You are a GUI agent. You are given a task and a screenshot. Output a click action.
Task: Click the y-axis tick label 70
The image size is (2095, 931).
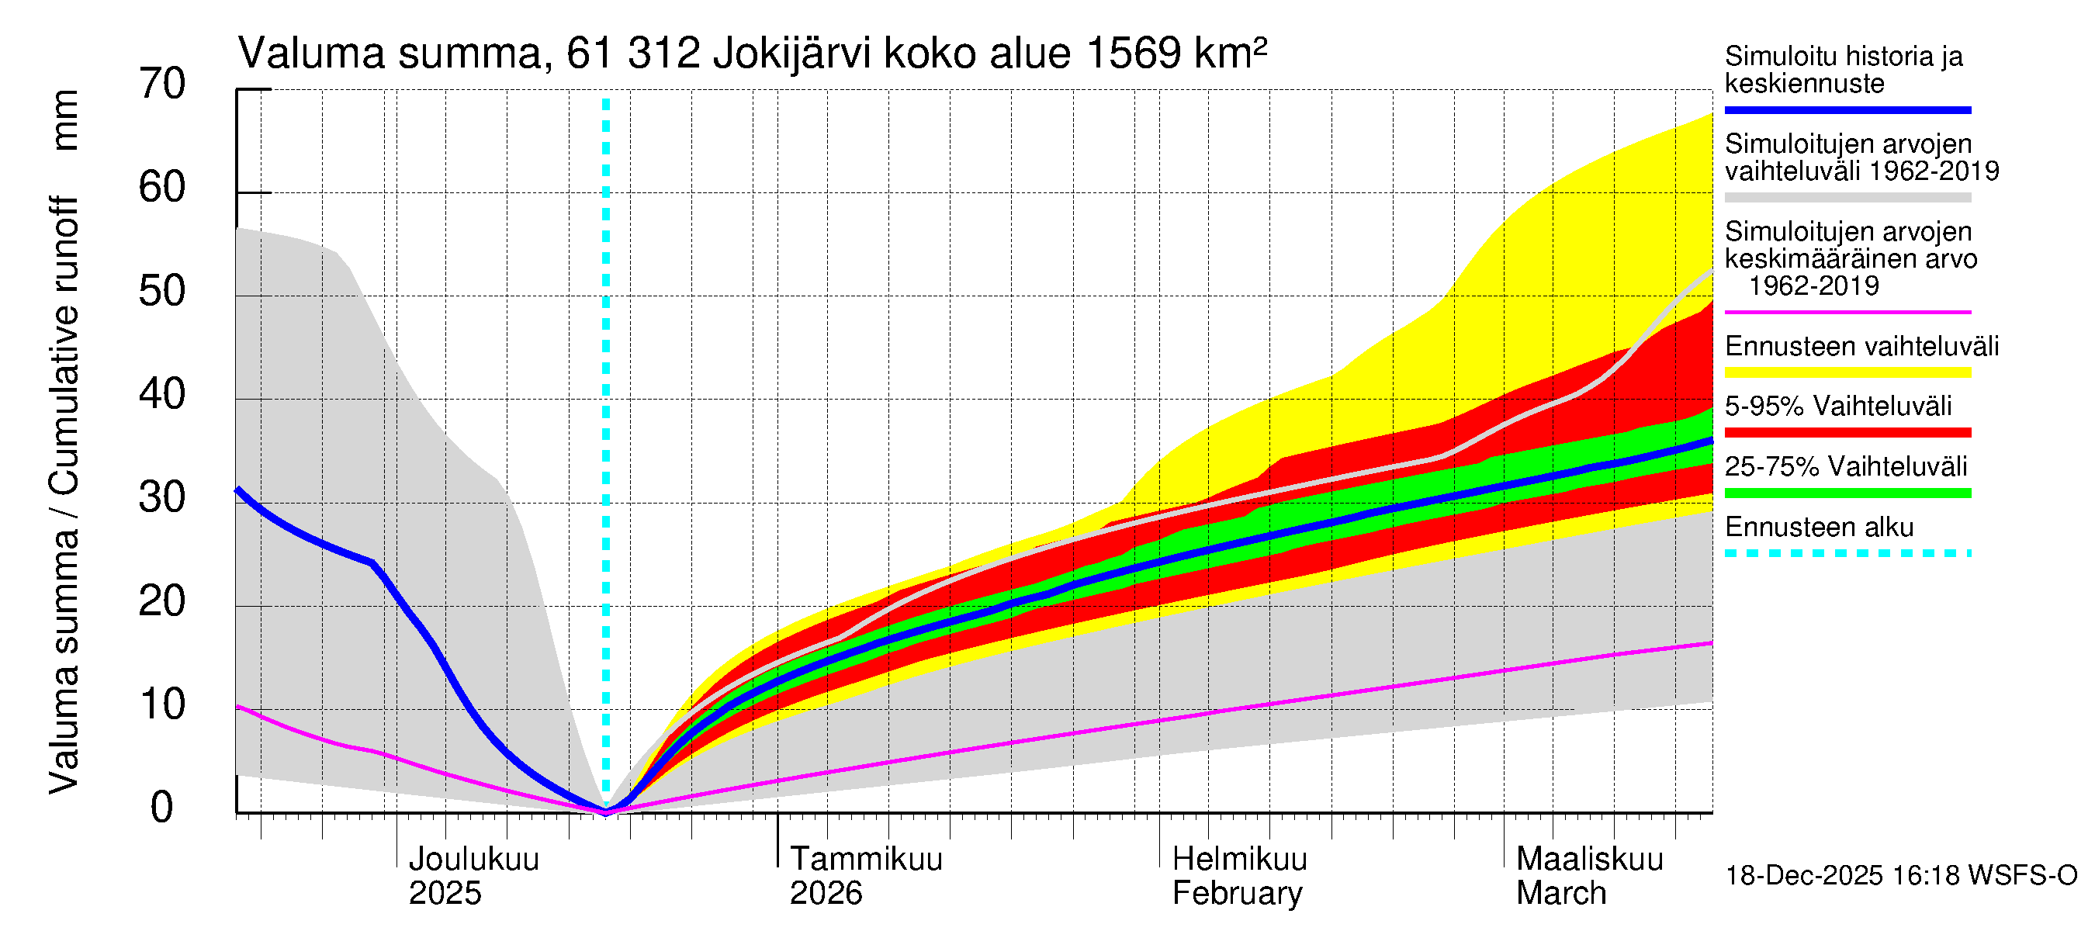(162, 84)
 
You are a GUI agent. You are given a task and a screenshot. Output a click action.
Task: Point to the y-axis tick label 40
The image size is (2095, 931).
(162, 394)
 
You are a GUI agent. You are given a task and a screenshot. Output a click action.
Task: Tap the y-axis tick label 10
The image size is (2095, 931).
(162, 704)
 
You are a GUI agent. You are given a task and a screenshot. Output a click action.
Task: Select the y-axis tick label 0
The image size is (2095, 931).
(162, 808)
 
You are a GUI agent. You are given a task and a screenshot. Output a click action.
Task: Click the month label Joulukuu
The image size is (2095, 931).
(473, 859)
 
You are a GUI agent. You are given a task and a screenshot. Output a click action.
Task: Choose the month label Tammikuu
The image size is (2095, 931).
(865, 859)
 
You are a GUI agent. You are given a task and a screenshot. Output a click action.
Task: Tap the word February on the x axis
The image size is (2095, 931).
(1236, 893)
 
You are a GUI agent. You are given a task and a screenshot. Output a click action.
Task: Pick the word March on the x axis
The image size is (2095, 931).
(1560, 893)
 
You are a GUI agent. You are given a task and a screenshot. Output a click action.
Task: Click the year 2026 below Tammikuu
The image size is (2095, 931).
(826, 893)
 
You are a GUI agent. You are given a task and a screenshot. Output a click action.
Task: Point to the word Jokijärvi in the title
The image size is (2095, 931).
(791, 54)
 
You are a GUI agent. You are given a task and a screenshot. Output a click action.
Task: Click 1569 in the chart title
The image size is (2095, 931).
(1134, 54)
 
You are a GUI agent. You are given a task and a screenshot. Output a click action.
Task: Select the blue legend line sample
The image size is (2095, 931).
(1847, 109)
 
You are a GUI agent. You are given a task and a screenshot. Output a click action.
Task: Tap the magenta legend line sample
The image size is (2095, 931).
(1847, 311)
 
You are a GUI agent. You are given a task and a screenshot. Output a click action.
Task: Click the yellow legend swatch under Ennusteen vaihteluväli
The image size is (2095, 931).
(1847, 372)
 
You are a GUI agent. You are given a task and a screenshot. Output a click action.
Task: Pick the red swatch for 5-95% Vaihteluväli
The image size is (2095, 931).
(1847, 433)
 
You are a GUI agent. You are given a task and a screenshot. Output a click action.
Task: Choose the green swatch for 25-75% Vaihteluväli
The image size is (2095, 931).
(1847, 493)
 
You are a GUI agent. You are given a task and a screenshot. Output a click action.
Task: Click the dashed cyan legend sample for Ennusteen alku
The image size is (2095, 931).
(1847, 553)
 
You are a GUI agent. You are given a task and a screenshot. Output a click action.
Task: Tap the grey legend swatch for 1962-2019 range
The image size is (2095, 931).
(1847, 198)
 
